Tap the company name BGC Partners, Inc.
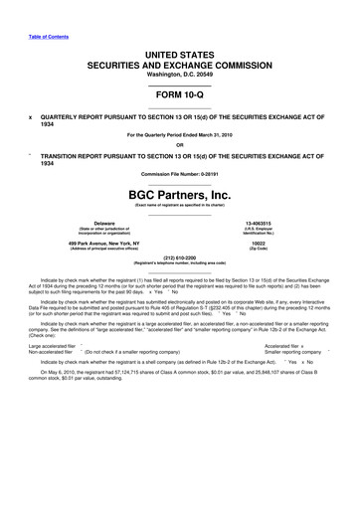tap(180, 194)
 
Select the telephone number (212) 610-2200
tap(180, 262)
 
